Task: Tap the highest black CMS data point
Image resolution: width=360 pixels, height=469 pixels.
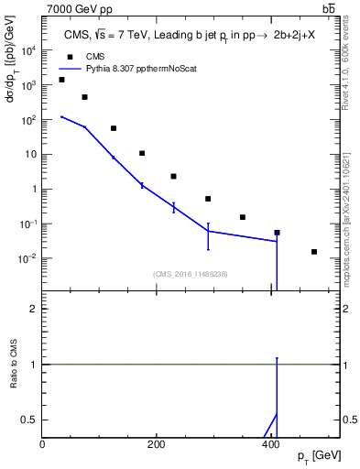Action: point(61,80)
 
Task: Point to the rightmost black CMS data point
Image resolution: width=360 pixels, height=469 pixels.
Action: point(314,252)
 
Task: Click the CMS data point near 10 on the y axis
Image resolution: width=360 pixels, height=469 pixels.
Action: point(142,153)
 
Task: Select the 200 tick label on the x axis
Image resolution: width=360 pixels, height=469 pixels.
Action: point(156,444)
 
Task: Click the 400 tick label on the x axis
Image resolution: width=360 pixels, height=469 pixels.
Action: point(269,444)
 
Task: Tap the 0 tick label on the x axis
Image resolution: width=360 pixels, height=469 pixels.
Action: point(43,444)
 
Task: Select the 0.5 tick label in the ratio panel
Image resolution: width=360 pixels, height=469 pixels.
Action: point(30,420)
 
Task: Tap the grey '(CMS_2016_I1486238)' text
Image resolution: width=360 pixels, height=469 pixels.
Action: point(191,273)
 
